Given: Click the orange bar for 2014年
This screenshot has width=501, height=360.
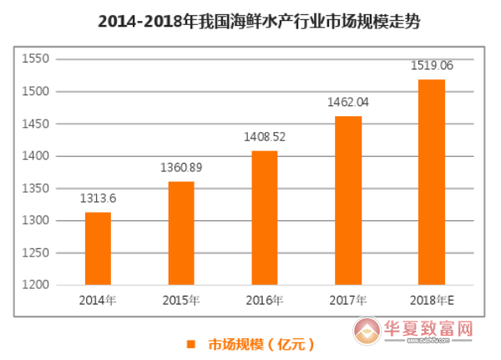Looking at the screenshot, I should (98, 249).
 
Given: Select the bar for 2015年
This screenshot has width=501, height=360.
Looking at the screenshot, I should (181, 233).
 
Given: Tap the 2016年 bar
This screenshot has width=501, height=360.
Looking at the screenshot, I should (265, 218).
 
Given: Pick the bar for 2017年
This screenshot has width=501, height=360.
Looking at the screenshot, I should (348, 200).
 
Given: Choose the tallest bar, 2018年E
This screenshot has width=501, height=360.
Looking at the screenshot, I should (432, 182).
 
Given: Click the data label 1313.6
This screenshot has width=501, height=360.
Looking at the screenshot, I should (98, 199).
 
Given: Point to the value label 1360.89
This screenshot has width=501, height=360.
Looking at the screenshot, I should (181, 168).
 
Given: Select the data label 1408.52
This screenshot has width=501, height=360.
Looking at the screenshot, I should (265, 136).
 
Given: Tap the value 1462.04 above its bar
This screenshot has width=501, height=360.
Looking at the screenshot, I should (348, 102).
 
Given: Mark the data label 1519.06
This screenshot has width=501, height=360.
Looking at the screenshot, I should (432, 65).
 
